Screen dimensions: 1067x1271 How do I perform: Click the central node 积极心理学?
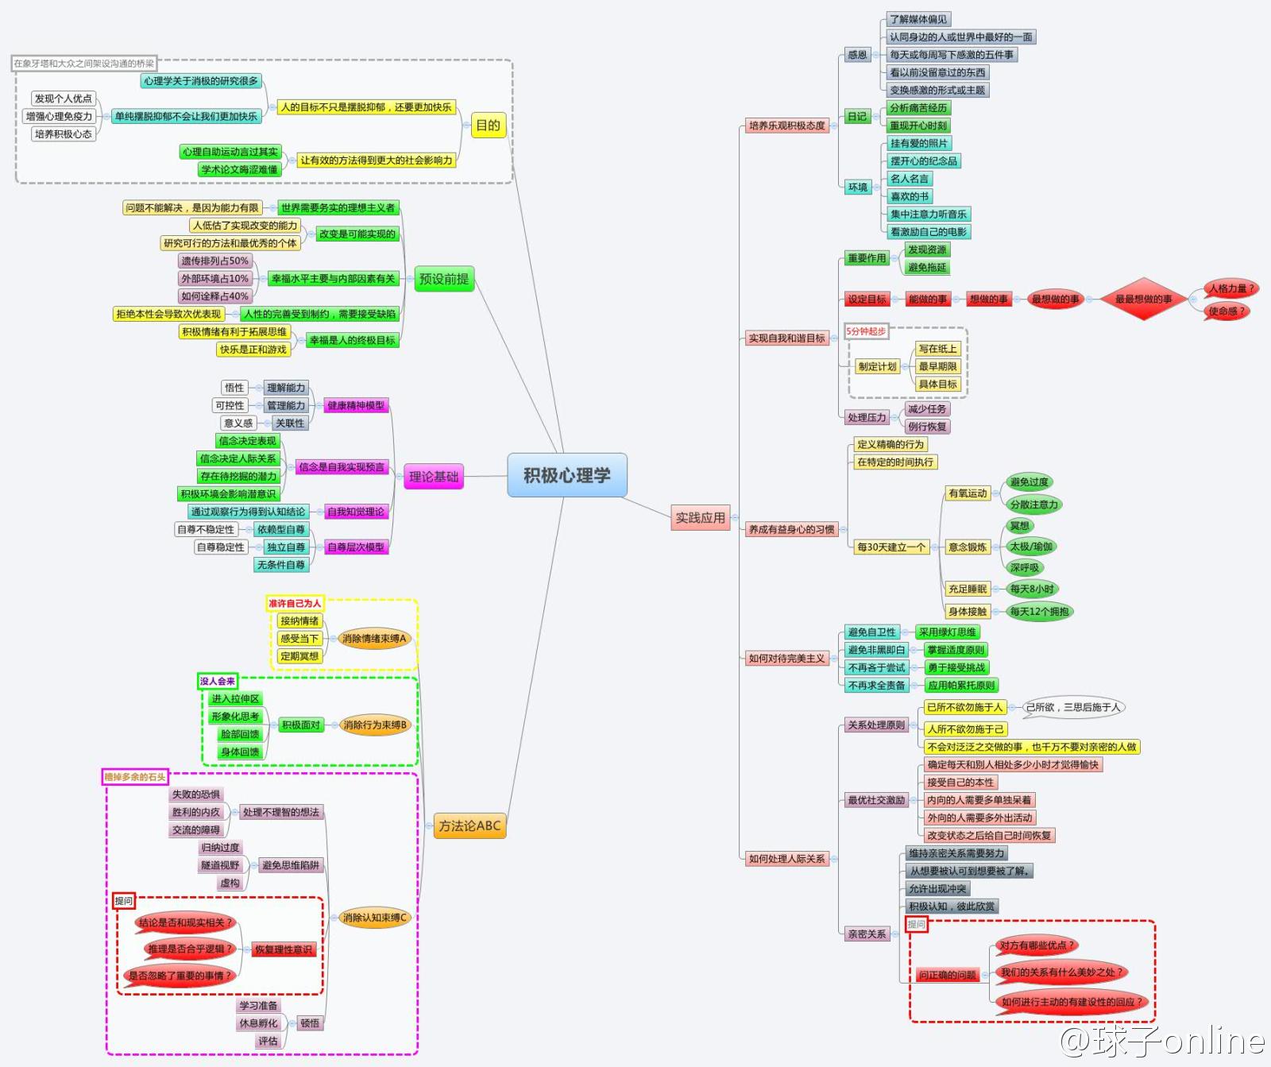tap(566, 475)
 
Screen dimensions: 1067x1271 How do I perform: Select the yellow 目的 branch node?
tap(488, 125)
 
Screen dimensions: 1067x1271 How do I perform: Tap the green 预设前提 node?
tap(444, 279)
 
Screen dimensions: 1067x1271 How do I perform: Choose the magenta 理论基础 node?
tap(433, 477)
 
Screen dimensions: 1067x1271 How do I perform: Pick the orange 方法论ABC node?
tap(469, 826)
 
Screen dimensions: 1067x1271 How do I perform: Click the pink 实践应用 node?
tap(700, 518)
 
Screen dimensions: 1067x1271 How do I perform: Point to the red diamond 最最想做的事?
tap(1143, 299)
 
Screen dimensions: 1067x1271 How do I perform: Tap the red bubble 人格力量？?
tap(1230, 288)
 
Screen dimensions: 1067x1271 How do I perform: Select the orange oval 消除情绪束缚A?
tap(373, 639)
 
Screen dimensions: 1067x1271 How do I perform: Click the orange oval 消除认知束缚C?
tap(373, 918)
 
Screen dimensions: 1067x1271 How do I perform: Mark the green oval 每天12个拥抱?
tap(1039, 612)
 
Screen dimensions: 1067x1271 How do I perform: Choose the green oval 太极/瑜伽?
tap(1030, 547)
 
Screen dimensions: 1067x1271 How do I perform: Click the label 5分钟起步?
tap(866, 331)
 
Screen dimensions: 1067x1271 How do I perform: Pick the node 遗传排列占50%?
tap(214, 261)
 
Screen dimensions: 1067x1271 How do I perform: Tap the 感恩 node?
tap(857, 55)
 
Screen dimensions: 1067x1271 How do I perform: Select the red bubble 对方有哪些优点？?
tap(1036, 945)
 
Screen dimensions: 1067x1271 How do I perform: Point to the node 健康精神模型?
tap(355, 405)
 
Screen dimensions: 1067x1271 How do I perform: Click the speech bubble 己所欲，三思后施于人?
tap(1072, 707)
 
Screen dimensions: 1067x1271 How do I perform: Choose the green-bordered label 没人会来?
tap(217, 681)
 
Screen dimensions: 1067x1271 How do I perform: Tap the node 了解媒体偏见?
tap(918, 19)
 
